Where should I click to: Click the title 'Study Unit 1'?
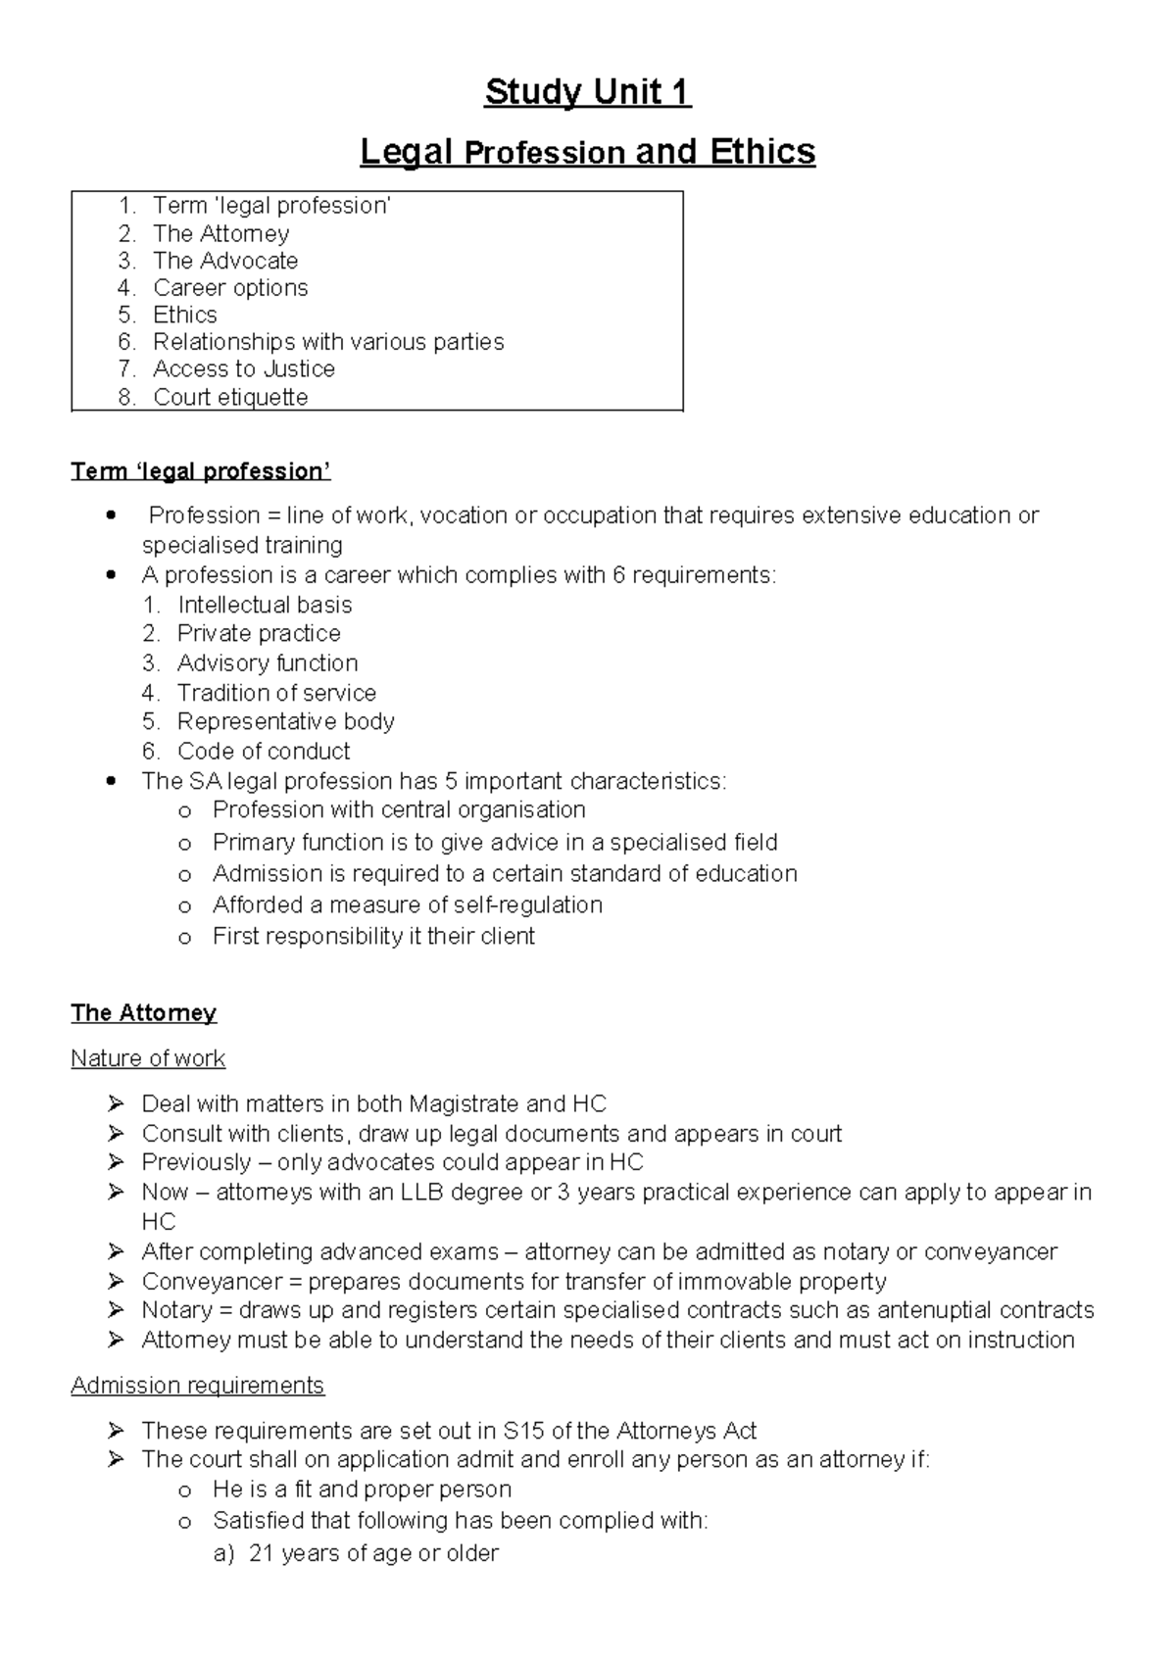tap(588, 93)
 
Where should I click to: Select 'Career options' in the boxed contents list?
tap(230, 288)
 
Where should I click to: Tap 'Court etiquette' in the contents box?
tap(230, 397)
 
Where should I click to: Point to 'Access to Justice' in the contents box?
tap(244, 369)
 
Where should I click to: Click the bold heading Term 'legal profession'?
tap(201, 472)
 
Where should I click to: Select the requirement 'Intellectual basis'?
tap(265, 605)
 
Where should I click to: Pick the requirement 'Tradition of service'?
tap(276, 693)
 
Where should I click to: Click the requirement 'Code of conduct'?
tap(264, 752)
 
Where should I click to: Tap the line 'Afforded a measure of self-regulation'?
tap(407, 904)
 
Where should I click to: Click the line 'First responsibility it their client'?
tap(373, 936)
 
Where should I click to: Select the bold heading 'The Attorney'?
tap(144, 1013)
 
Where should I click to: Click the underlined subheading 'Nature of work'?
tap(148, 1058)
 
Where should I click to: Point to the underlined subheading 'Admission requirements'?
tap(197, 1386)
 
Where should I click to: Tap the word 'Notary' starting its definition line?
tap(176, 1311)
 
